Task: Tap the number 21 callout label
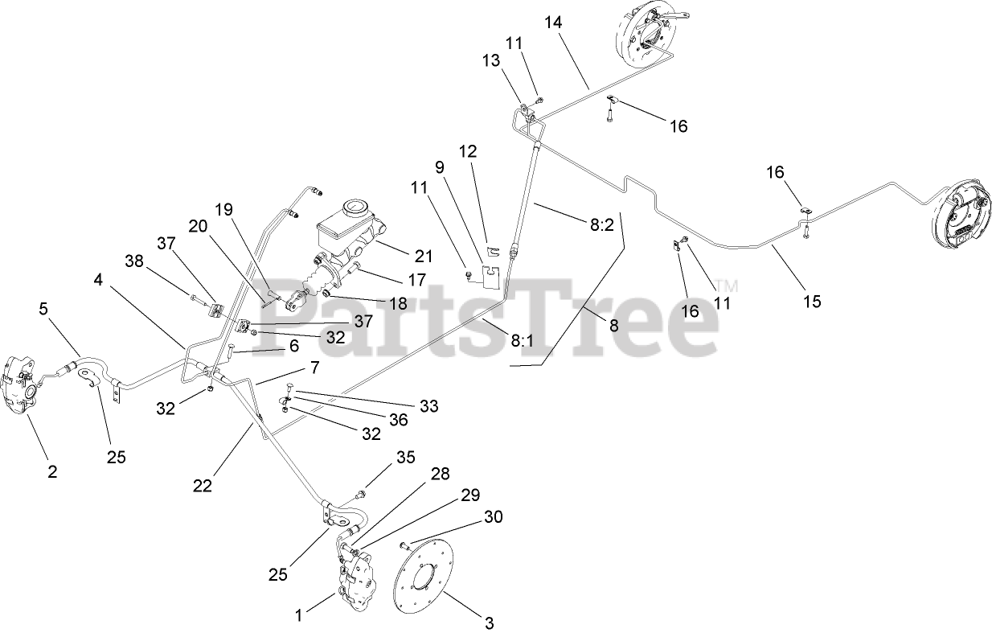pos(424,257)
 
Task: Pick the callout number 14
pos(553,23)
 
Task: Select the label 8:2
pos(601,224)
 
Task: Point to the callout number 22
pos(203,485)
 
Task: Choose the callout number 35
pos(406,458)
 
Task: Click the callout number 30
pos(494,516)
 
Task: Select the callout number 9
pos(440,167)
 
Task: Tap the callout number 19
pos(223,210)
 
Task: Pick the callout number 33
pos(428,407)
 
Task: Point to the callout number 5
pos(44,308)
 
